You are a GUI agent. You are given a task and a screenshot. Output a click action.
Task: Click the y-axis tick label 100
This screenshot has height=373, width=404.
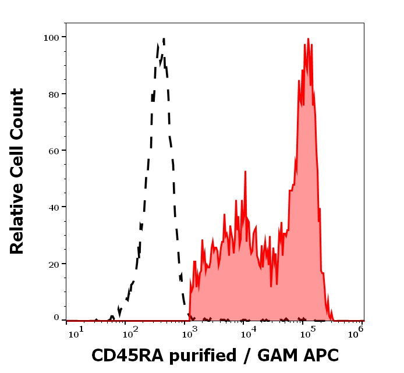pos(51,37)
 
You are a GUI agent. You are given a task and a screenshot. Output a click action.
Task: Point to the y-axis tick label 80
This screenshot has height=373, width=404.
pos(54,94)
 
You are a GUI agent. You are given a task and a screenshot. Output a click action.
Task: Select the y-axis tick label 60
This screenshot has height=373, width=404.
pos(54,151)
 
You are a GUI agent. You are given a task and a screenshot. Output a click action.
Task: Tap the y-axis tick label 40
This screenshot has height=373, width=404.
pos(54,207)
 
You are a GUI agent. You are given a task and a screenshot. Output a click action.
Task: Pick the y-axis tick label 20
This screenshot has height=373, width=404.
pos(54,264)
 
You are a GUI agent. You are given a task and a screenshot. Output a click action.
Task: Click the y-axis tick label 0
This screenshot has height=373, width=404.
pos(56,318)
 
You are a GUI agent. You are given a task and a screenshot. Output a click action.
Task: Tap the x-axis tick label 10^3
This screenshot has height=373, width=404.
pos(191,332)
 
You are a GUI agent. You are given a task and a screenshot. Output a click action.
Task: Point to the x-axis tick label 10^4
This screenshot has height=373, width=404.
pos(248,332)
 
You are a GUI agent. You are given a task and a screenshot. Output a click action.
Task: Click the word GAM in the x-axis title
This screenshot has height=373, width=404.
pos(277,356)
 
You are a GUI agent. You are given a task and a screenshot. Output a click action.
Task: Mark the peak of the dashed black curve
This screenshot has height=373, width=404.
pos(164,39)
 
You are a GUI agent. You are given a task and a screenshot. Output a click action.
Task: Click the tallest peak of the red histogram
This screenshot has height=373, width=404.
pos(307,40)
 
